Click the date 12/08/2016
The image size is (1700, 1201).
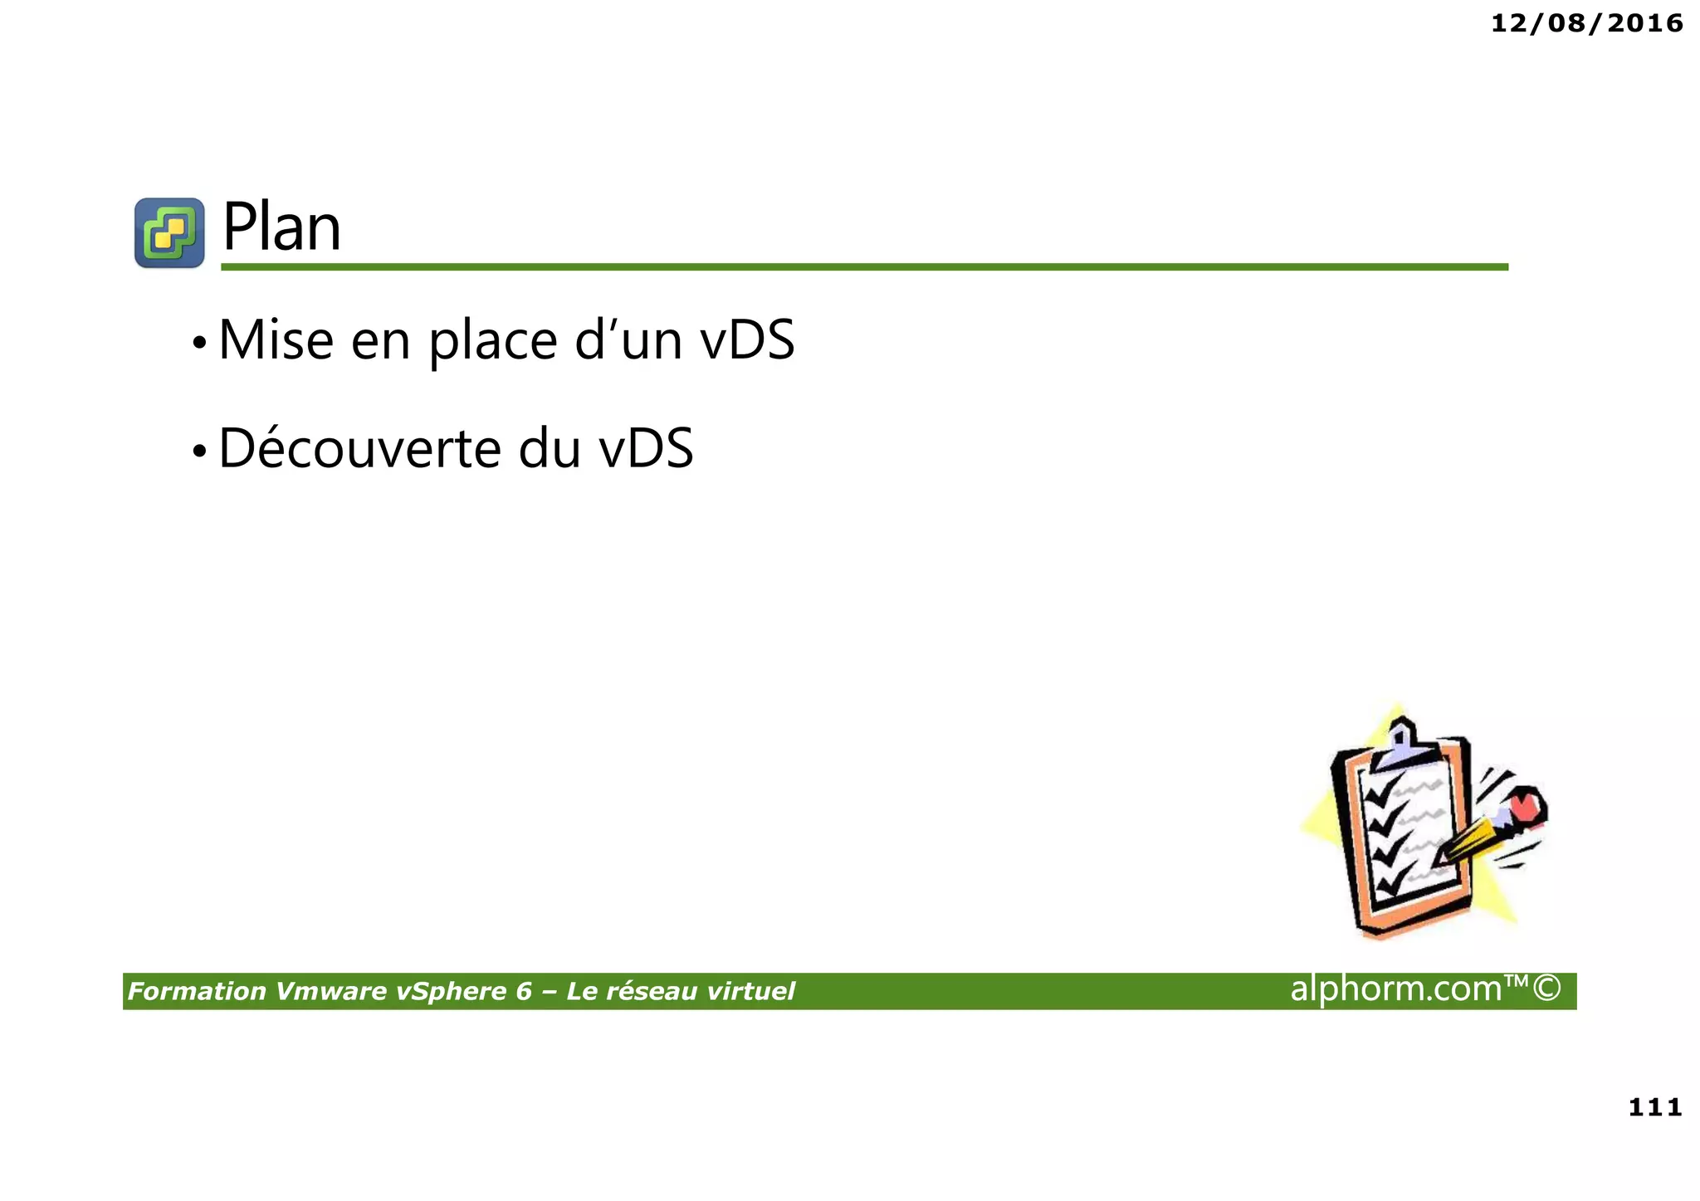tap(1586, 23)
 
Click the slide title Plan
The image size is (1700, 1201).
tap(281, 227)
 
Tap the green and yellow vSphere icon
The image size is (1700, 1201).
tap(169, 232)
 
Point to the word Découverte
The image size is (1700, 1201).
tap(359, 448)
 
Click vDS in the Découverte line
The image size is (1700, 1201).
tap(646, 448)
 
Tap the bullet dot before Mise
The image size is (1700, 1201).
tap(199, 343)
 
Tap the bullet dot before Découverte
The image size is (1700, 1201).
tap(199, 452)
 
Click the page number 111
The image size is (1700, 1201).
tap(1654, 1107)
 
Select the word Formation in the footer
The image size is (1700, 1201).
tap(197, 991)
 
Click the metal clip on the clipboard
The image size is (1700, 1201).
tap(1402, 745)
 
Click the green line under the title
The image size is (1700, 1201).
tap(863, 267)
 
